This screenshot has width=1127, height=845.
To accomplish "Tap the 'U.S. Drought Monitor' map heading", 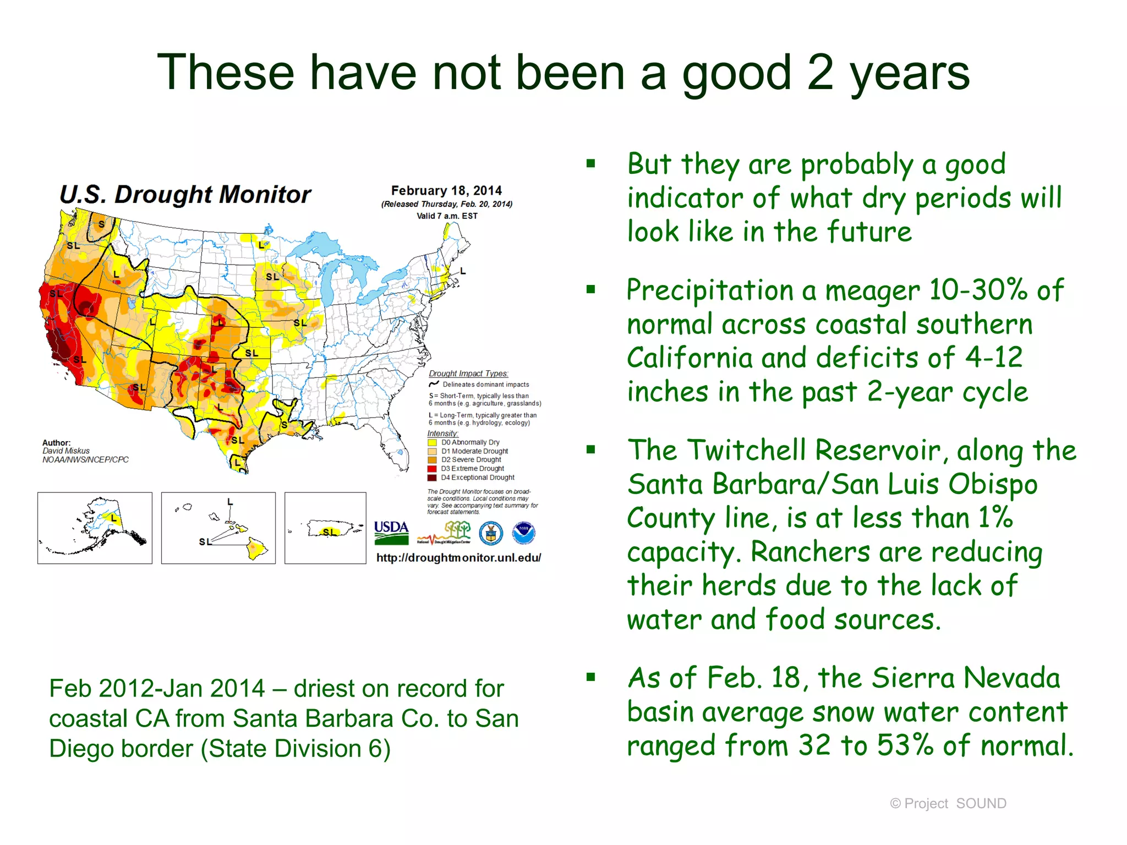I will [x=185, y=194].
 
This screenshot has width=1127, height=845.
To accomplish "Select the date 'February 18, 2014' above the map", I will [x=446, y=190].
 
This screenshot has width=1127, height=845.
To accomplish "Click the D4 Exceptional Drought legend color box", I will [x=432, y=478].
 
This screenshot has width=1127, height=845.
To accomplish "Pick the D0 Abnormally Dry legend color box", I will [x=432, y=442].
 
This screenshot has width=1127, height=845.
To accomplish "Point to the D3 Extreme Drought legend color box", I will [x=432, y=469].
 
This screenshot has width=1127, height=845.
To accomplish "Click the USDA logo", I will [x=391, y=532].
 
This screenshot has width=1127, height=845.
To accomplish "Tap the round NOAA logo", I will [x=523, y=533].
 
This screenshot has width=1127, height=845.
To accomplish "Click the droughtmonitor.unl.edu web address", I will [x=458, y=557].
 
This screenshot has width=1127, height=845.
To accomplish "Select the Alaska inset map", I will [x=95, y=528].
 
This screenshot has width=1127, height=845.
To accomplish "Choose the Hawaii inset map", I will [x=218, y=528].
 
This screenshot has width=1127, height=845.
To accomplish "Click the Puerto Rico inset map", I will [x=325, y=528].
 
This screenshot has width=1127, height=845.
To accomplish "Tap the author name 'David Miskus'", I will [x=66, y=451].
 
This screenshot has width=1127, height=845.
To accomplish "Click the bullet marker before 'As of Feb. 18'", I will [x=591, y=677].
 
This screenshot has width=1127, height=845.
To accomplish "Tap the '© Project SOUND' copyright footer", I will [x=948, y=804].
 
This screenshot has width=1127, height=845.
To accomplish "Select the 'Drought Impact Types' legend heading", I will [x=468, y=374].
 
